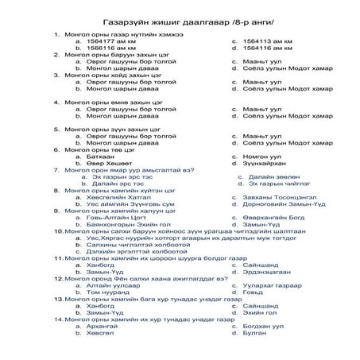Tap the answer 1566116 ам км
tap(108, 48)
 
